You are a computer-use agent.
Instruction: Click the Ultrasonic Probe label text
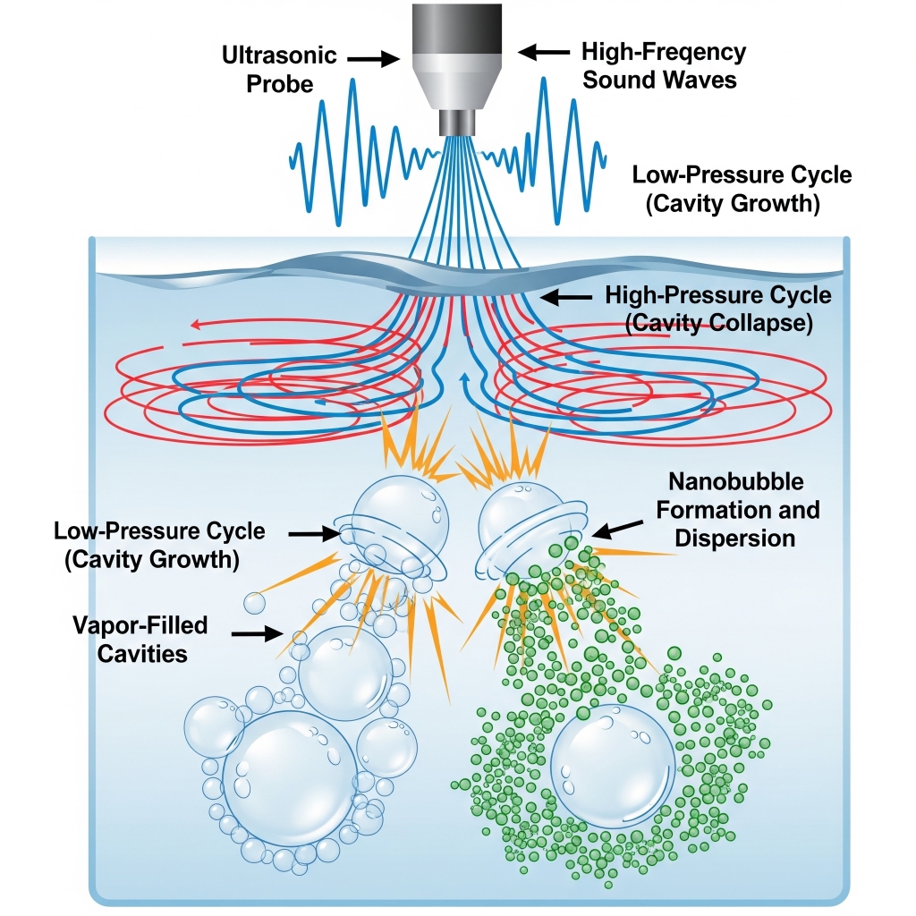[279, 69]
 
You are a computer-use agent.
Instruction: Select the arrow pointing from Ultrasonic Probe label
[373, 58]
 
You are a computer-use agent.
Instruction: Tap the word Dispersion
[734, 539]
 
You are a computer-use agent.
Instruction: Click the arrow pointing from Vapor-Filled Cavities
[259, 633]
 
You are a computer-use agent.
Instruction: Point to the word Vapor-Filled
[140, 624]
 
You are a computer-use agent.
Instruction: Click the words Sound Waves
[659, 80]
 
